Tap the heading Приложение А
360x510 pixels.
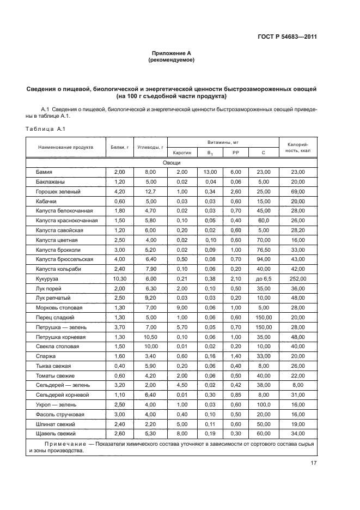[171, 53]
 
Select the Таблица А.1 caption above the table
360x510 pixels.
[45, 129]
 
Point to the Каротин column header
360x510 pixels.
[180, 153]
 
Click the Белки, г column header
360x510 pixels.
[119, 147]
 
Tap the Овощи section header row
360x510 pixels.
[171, 163]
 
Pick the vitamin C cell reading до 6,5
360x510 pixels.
[263, 278]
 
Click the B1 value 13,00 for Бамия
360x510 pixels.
[210, 172]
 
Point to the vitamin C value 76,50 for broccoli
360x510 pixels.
[263, 250]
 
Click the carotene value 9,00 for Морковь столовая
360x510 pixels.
[180, 308]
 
